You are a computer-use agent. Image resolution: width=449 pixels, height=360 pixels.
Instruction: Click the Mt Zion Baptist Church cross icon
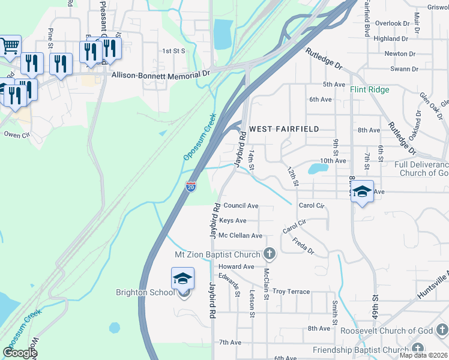(x=270, y=254)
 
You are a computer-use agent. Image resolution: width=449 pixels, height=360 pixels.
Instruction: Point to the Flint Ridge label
(x=370, y=89)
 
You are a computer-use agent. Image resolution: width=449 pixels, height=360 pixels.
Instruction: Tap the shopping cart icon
(x=10, y=46)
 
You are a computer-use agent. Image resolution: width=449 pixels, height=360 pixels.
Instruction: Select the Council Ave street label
(x=241, y=206)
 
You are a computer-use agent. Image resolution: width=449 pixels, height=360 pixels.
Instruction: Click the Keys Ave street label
(x=233, y=221)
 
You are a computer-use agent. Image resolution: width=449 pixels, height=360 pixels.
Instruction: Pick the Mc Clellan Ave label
(x=240, y=236)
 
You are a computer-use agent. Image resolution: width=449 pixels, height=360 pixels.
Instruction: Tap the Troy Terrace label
(x=291, y=292)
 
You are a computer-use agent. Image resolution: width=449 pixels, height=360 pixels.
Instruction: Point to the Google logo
(x=19, y=352)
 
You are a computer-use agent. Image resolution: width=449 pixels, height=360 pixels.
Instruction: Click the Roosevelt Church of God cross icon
(x=441, y=330)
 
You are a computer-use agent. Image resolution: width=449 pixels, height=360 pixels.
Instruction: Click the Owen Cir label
(x=17, y=136)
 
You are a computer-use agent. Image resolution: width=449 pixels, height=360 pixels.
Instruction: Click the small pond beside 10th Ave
(x=318, y=168)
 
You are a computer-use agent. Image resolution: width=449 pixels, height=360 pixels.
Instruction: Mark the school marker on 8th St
(x=362, y=191)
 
